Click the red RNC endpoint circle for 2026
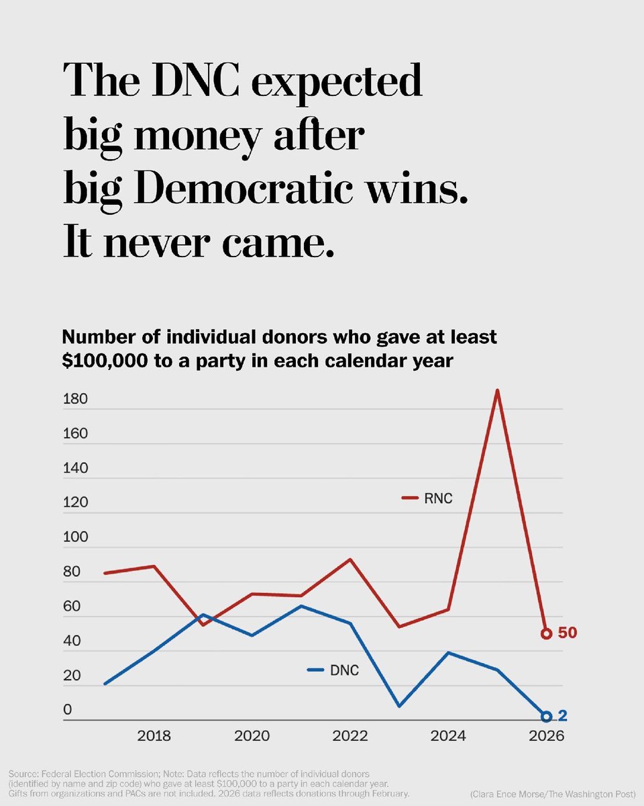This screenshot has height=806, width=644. click(546, 633)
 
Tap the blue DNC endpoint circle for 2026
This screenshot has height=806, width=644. click(546, 717)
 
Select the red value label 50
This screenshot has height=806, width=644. click(568, 633)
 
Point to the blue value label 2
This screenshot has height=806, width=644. click(562, 717)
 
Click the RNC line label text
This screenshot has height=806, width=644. click(439, 498)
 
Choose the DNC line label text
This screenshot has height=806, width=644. click(345, 670)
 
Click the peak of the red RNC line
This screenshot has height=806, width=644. click(497, 390)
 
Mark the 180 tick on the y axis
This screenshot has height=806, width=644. click(75, 399)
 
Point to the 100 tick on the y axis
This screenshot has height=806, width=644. click(75, 537)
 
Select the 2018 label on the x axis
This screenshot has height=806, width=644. click(154, 736)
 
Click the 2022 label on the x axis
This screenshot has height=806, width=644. click(350, 736)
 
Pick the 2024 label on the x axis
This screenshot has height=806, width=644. click(448, 736)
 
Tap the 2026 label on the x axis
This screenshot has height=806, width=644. click(546, 736)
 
